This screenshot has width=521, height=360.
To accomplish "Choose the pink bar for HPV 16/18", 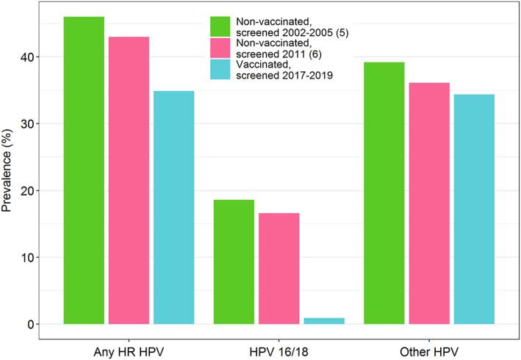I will [279, 268].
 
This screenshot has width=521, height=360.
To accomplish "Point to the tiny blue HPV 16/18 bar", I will [323, 321].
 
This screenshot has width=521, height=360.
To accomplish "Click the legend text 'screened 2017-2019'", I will [282, 86].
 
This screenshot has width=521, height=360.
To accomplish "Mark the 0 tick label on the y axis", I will [35, 325].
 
